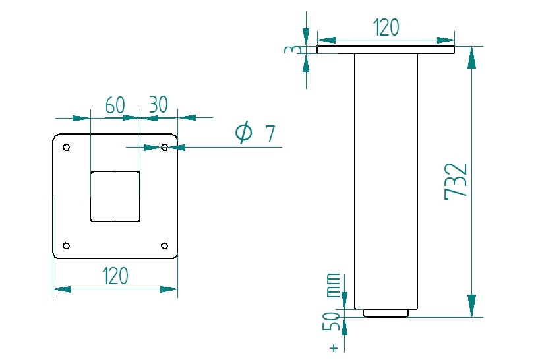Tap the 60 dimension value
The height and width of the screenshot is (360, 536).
(115, 105)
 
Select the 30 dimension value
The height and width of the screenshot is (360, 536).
(158, 105)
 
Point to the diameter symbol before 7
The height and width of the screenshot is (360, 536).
(243, 133)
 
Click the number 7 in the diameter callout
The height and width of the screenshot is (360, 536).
(269, 134)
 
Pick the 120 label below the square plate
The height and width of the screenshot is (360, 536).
(115, 276)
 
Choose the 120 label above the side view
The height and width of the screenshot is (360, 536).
(386, 28)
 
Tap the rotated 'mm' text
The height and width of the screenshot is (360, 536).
(334, 284)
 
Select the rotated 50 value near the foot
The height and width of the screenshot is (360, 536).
(334, 322)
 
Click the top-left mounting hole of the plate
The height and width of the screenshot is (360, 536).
(66, 147)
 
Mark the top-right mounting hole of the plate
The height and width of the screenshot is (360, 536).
(165, 147)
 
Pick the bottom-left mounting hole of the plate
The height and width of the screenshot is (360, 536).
(66, 246)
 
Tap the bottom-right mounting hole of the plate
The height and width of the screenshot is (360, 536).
(165, 246)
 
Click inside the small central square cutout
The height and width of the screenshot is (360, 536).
(115, 196)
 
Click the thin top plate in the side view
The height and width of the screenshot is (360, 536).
(386, 49)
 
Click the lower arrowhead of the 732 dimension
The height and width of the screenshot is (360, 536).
(471, 305)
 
